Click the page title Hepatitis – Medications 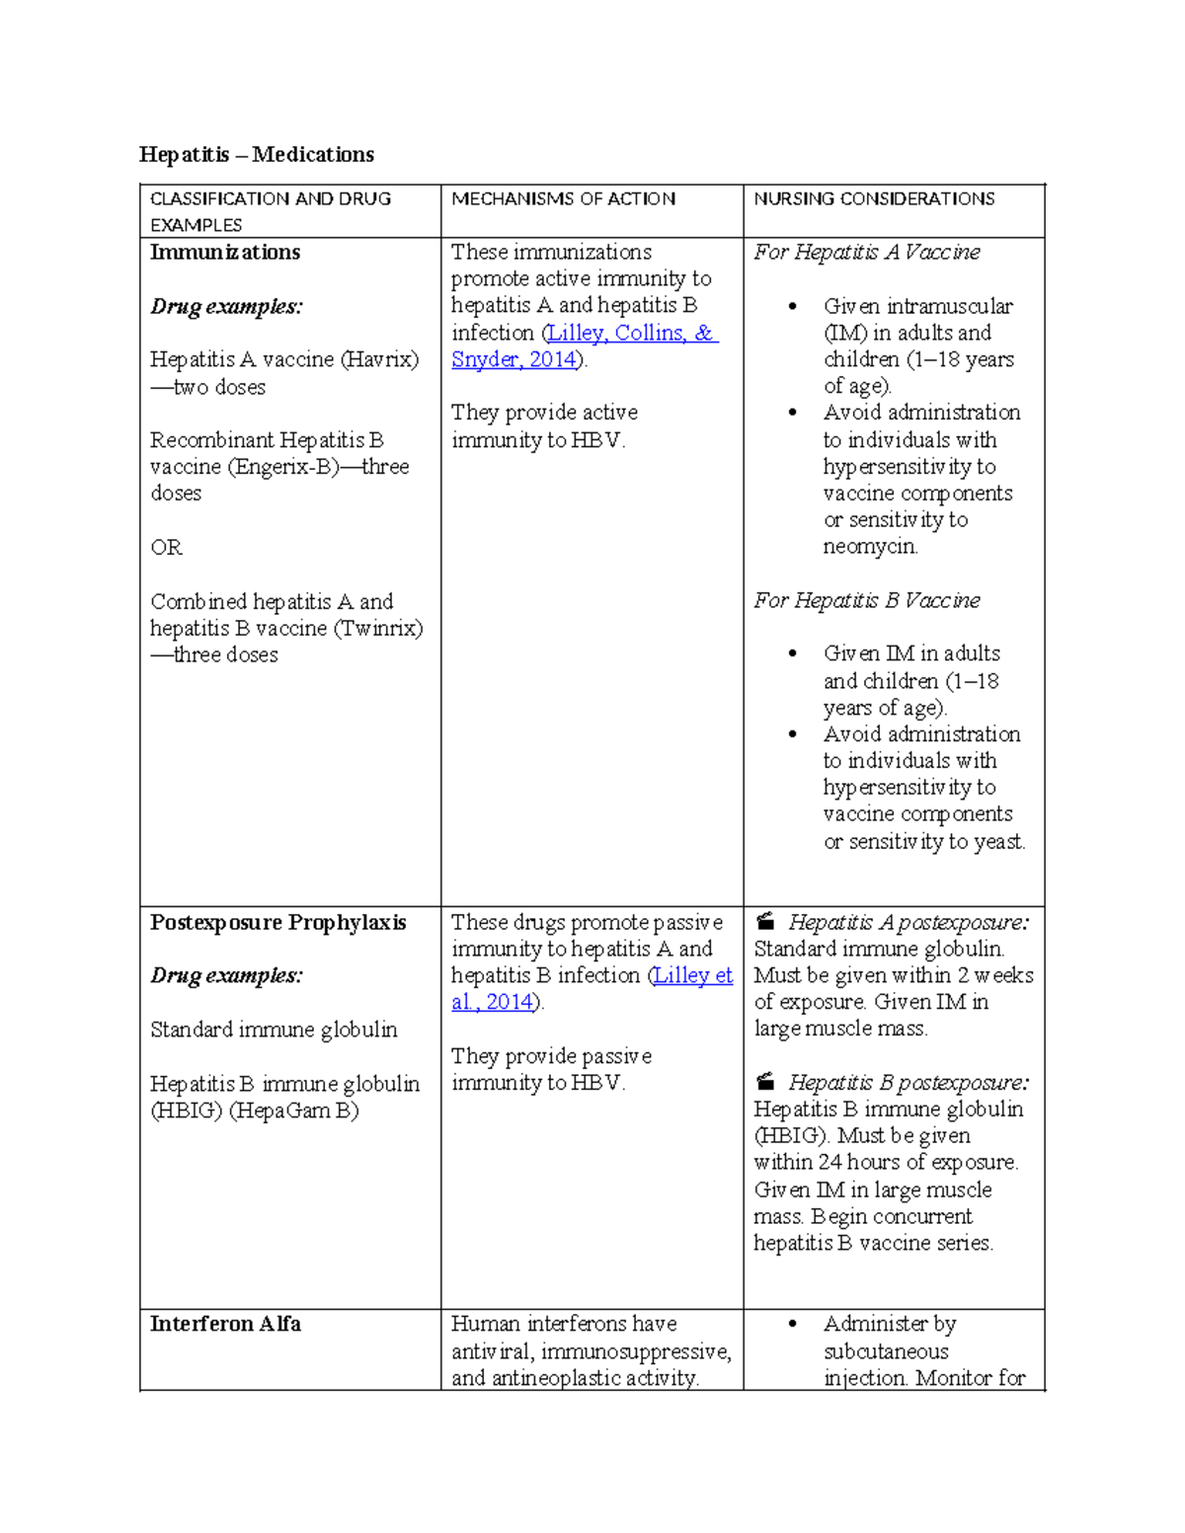[x=257, y=154]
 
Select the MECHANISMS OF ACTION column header [x=563, y=198]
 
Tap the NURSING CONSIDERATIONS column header [x=874, y=198]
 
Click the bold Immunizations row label [x=225, y=252]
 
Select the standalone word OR [x=166, y=548]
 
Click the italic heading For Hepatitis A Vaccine [x=866, y=252]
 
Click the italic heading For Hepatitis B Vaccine [x=866, y=600]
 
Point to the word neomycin [x=870, y=547]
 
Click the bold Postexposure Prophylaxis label [x=277, y=922]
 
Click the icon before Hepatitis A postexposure [x=765, y=922]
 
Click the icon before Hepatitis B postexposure [x=765, y=1082]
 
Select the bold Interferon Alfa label [x=225, y=1324]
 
